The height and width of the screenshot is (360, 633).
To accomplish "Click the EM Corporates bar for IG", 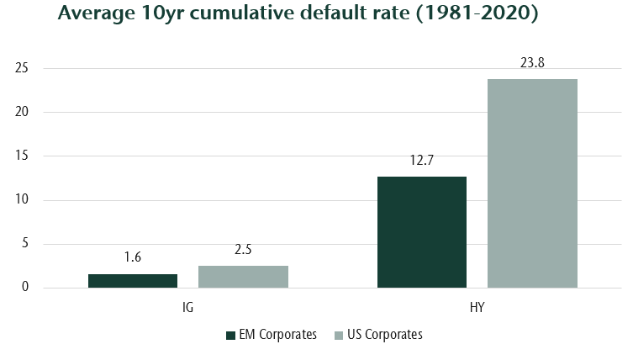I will click(133, 281).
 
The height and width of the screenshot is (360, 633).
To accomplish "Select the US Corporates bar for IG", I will click(243, 277).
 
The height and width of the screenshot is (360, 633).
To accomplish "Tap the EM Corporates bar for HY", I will click(422, 232).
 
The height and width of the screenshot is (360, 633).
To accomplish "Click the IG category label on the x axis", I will click(188, 308).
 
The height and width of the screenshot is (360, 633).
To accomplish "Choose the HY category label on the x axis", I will click(477, 308).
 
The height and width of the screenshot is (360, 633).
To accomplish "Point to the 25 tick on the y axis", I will click(23, 68).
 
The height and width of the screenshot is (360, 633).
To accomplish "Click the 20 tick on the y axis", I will click(23, 112).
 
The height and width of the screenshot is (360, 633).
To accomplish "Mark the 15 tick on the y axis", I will click(23, 156).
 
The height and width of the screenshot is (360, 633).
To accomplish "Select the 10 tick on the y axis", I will click(23, 200).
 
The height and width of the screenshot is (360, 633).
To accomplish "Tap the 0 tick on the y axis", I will click(25, 288).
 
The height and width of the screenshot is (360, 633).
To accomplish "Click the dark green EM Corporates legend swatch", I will click(231, 335).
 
